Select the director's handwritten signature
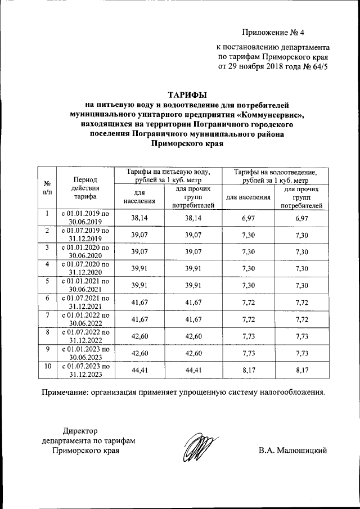point(199,448)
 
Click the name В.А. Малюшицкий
point(293,451)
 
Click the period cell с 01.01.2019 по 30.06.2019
point(85,218)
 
